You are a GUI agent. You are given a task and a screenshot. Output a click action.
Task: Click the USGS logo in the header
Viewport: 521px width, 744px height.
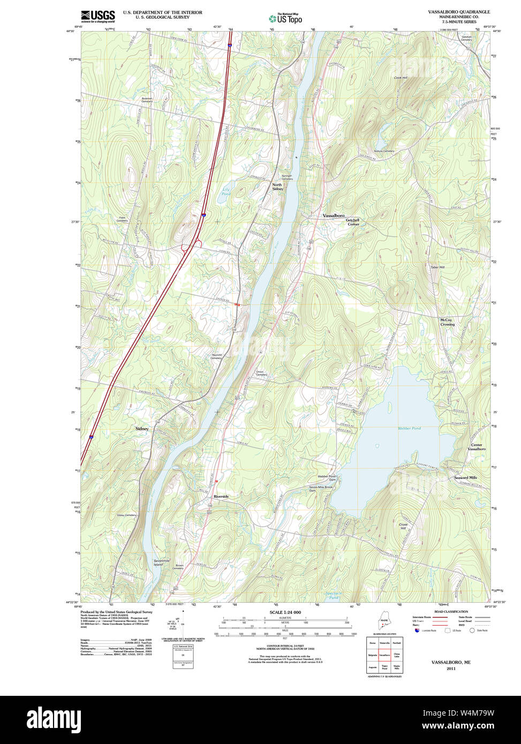click(x=98, y=16)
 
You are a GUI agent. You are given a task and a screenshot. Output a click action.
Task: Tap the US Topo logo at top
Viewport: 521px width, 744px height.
click(x=285, y=18)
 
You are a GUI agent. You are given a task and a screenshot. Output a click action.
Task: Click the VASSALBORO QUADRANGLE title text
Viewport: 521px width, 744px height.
click(x=458, y=12)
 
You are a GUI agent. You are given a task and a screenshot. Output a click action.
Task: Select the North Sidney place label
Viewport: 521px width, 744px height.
click(x=277, y=187)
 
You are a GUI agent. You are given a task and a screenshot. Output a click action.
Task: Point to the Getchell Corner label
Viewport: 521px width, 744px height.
click(x=352, y=222)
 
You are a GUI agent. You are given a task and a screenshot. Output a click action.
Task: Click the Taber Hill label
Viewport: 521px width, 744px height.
click(x=437, y=267)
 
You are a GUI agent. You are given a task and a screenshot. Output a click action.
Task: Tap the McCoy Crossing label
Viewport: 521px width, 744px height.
click(x=447, y=322)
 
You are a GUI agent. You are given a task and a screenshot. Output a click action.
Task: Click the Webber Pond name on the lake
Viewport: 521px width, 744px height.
click(x=409, y=429)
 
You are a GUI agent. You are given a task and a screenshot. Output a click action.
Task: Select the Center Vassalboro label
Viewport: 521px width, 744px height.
click(x=476, y=447)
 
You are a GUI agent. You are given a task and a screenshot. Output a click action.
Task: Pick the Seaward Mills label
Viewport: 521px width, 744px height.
click(x=465, y=477)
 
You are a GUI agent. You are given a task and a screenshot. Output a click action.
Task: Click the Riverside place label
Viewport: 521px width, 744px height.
click(x=221, y=497)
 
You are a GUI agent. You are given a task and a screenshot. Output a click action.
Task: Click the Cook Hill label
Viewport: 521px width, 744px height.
click(x=401, y=78)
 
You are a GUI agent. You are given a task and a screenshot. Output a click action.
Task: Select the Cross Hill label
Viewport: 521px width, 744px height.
click(x=403, y=526)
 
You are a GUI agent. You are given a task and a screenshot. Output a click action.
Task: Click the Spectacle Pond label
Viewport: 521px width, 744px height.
click(x=333, y=595)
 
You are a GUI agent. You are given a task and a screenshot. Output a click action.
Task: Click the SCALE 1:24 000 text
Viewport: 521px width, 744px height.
click(x=285, y=612)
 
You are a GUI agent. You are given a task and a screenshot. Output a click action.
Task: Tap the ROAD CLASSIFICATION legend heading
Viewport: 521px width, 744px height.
click(x=451, y=612)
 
